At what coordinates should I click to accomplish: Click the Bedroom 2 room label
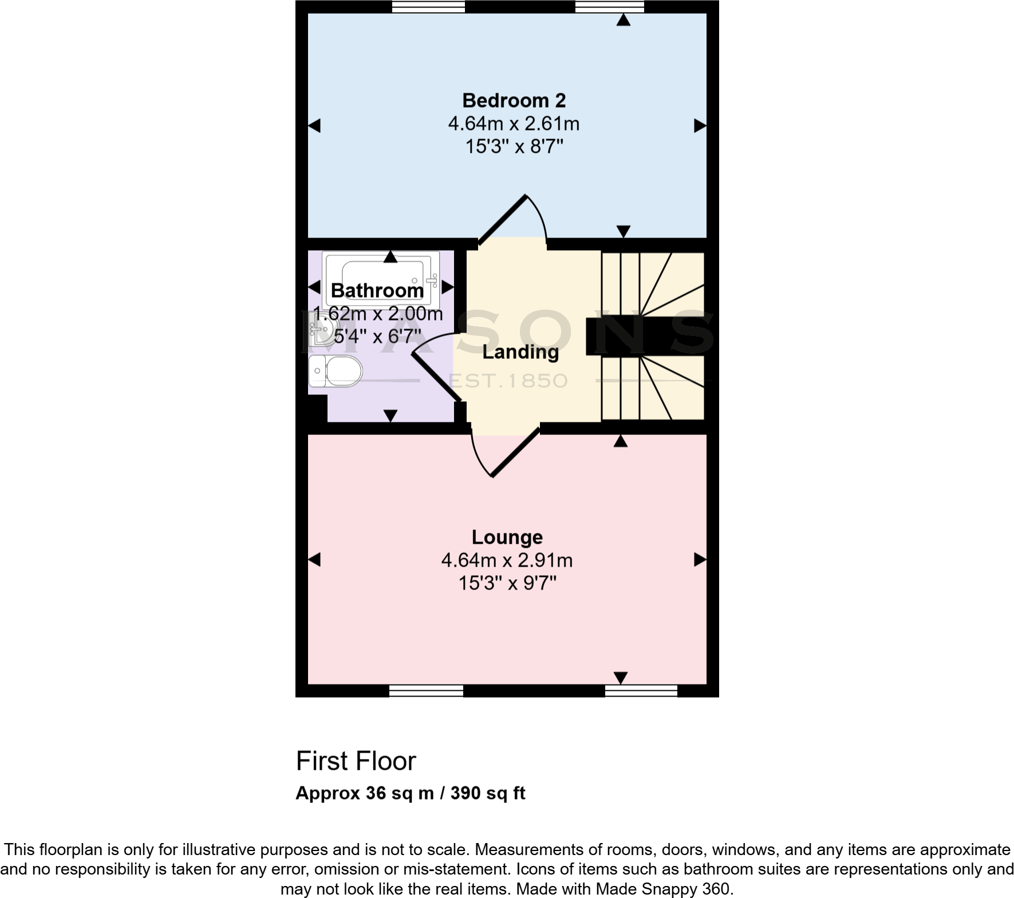pyautogui.click(x=514, y=101)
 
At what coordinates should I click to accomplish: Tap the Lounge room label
pyautogui.click(x=507, y=537)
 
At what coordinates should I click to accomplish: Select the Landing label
pyautogui.click(x=520, y=352)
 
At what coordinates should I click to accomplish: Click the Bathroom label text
pyautogui.click(x=377, y=291)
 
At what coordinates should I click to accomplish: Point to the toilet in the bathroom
pyautogui.click(x=335, y=371)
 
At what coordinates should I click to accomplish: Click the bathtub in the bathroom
pyautogui.click(x=381, y=279)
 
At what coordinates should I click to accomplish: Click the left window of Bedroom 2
pyautogui.click(x=428, y=6)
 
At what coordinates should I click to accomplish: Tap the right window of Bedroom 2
pyautogui.click(x=609, y=6)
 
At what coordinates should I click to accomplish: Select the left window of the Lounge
pyautogui.click(x=426, y=691)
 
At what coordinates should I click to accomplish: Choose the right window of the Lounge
pyautogui.click(x=641, y=691)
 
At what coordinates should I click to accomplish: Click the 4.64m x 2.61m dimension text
pyautogui.click(x=514, y=124)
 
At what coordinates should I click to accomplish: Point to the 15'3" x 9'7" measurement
pyautogui.click(x=507, y=583)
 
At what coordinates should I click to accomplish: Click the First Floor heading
pyautogui.click(x=356, y=761)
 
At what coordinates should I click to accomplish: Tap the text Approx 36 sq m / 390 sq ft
pyautogui.click(x=411, y=793)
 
